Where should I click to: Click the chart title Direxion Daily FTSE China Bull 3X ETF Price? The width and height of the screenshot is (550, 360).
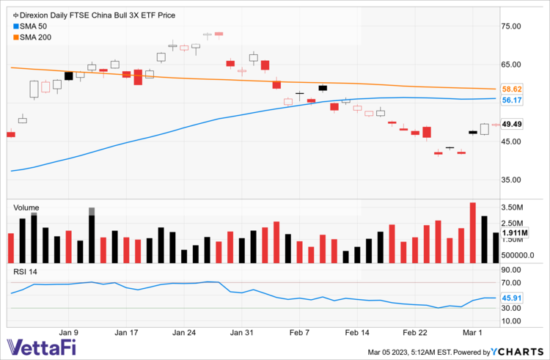point(95,15)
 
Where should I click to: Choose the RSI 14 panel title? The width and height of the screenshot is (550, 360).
point(26,272)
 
